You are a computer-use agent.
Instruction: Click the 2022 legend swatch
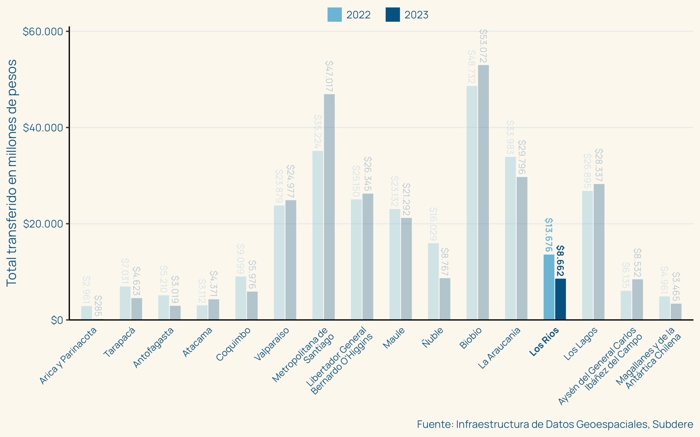pyautogui.click(x=334, y=15)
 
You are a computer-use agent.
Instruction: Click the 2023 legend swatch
pyautogui.click(x=393, y=15)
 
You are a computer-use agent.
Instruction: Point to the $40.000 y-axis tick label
pyautogui.click(x=43, y=128)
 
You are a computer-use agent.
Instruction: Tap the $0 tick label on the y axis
pyautogui.click(x=57, y=320)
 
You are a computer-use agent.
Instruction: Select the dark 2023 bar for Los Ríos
pyautogui.click(x=560, y=299)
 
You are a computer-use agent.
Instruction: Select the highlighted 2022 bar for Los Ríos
pyautogui.click(x=549, y=287)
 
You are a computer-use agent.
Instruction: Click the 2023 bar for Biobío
pyautogui.click(x=483, y=192)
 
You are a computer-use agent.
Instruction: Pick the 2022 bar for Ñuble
pyautogui.click(x=433, y=281)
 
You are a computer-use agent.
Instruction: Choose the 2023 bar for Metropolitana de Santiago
pyautogui.click(x=329, y=207)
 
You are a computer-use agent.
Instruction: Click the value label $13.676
pyautogui.click(x=549, y=235)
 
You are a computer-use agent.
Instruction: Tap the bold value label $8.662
pyautogui.click(x=560, y=261)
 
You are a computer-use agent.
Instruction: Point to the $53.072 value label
pyautogui.click(x=483, y=46)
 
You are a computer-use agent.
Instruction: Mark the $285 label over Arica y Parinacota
pyautogui.click(x=98, y=306)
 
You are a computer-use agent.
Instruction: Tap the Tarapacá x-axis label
pyautogui.click(x=119, y=342)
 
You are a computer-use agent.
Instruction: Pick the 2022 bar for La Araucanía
pyautogui.click(x=510, y=238)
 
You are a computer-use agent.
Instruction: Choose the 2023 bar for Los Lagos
pyautogui.click(x=599, y=252)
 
